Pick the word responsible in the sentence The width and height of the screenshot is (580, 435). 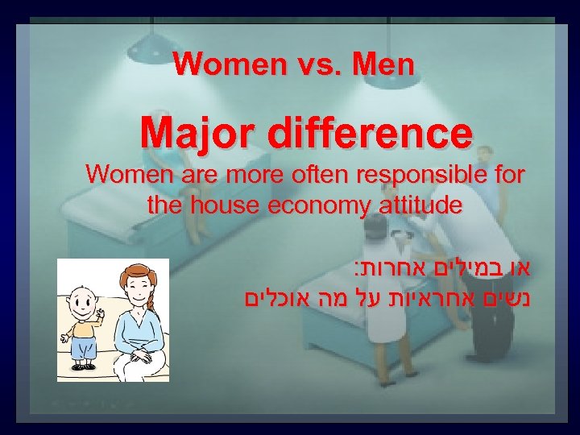click(418, 174)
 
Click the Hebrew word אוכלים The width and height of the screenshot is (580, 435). click(277, 300)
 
